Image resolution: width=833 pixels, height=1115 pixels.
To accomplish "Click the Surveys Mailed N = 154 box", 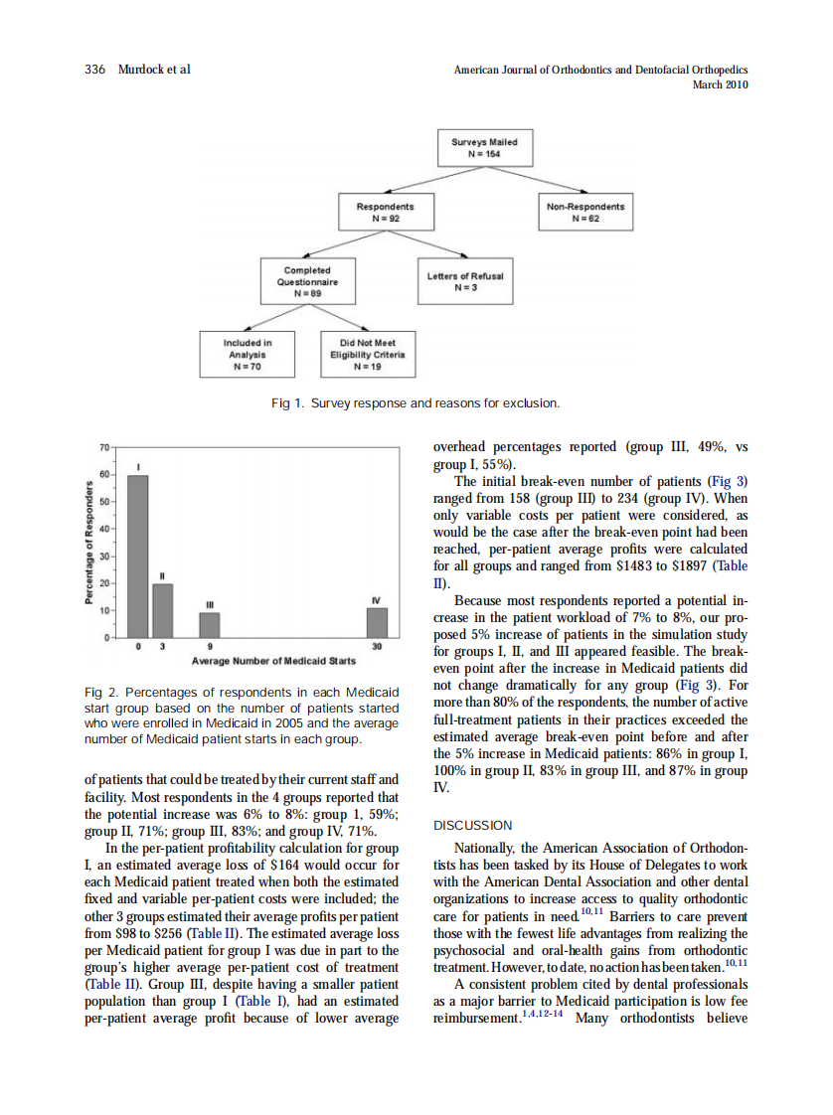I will pos(485,149).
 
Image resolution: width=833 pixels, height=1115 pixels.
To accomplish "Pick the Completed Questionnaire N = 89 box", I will pos(307,282).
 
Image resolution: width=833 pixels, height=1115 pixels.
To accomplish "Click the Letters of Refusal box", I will pos(465,281).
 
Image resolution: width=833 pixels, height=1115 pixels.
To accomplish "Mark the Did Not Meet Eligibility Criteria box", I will pos(367,353).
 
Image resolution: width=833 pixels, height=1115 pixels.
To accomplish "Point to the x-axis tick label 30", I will pos(377,647).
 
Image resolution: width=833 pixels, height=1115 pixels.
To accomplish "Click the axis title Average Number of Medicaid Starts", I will pos(273,660).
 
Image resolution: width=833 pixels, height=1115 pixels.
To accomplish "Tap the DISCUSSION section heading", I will pos(473,825).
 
